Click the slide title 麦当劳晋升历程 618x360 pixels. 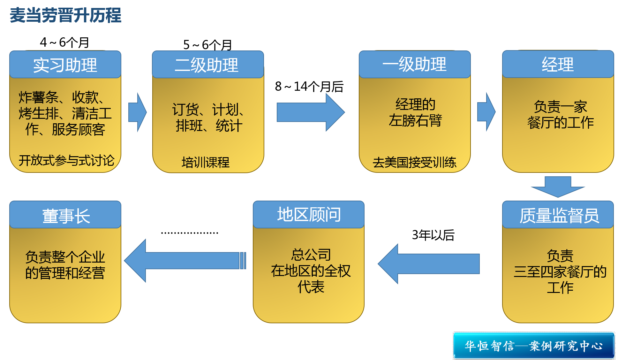click(x=65, y=15)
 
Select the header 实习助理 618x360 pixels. click(x=65, y=65)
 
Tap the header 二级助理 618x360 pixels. click(x=207, y=65)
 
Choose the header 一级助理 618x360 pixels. click(x=414, y=64)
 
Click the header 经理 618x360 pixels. click(x=558, y=64)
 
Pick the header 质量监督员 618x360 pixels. click(x=559, y=215)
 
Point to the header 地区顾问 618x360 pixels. click(x=309, y=214)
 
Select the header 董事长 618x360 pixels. click(x=66, y=216)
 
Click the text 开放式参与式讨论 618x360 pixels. click(x=66, y=160)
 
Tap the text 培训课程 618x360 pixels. click(x=206, y=162)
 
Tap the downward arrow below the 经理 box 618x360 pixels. click(x=558, y=187)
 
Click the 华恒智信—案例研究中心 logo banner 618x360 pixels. click(x=534, y=346)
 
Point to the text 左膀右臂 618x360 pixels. click(x=415, y=120)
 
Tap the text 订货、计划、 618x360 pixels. click(x=208, y=110)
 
